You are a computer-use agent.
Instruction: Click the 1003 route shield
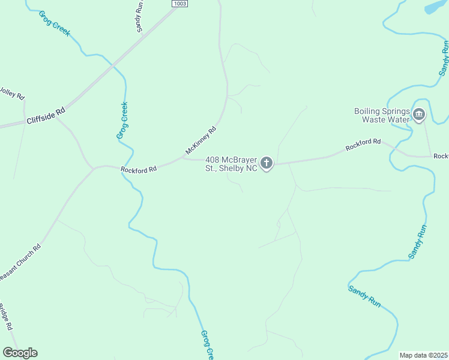[179, 4]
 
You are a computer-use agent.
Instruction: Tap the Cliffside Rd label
[45, 116]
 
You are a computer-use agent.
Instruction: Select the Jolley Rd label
[11, 94]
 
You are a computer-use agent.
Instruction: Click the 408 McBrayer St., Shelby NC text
[231, 164]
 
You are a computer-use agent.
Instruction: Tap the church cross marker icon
[267, 163]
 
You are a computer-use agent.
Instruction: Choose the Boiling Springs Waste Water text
[381, 115]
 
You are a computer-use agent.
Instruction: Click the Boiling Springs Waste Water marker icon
[419, 114]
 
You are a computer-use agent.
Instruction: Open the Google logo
[20, 352]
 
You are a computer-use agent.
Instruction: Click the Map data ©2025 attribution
[424, 355]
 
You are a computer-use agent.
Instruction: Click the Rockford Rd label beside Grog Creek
[138, 170]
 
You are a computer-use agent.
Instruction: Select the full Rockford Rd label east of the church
[363, 145]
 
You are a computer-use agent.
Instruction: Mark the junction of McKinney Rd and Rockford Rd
[182, 159]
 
